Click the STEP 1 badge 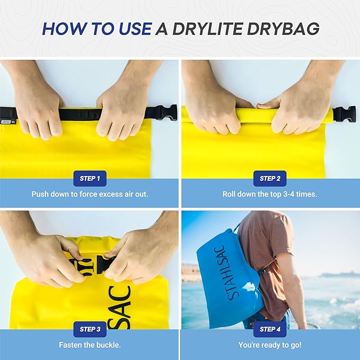(x=90, y=178)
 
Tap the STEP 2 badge (x=270, y=178)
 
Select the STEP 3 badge (x=90, y=329)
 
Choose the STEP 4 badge (x=270, y=329)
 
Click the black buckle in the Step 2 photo (x=344, y=114)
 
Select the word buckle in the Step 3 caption (x=109, y=345)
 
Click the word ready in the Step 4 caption (x=271, y=345)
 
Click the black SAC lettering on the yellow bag (x=122, y=307)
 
